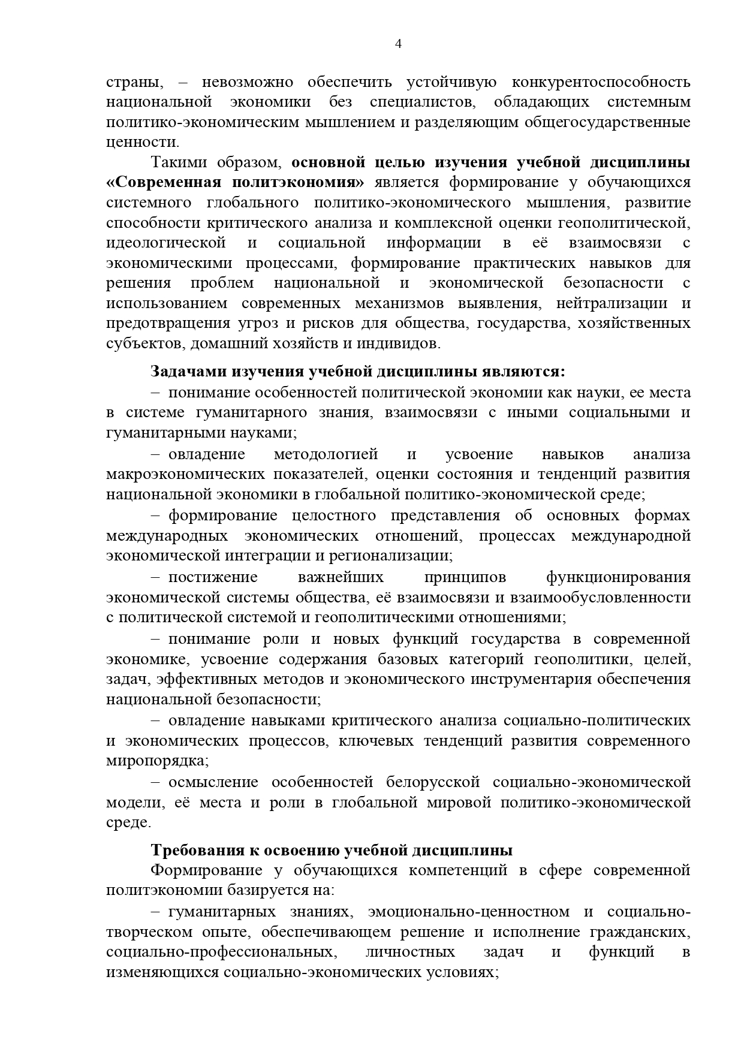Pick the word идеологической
(x=166, y=243)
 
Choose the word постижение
(x=213, y=577)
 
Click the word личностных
(x=410, y=952)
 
